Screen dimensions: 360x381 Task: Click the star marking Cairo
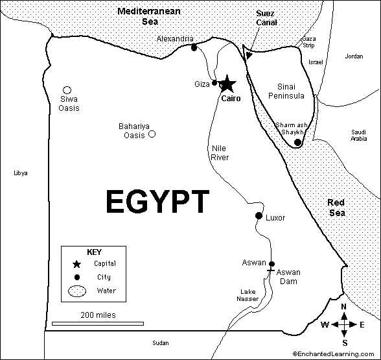tap(227, 84)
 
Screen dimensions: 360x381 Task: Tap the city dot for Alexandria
tap(193, 47)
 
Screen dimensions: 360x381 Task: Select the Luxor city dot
tap(259, 216)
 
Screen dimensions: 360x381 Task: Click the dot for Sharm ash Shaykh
tap(297, 142)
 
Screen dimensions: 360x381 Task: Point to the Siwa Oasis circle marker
tap(67, 90)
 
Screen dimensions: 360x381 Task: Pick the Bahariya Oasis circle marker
tap(152, 134)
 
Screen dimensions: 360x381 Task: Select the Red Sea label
tap(336, 208)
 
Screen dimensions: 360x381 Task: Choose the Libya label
tap(21, 173)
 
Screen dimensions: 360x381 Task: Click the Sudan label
tap(159, 342)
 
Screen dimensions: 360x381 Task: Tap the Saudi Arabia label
tap(359, 134)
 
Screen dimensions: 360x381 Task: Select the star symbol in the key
tap(77, 264)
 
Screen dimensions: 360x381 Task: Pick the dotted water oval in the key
tap(77, 292)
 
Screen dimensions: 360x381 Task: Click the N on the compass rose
tap(345, 307)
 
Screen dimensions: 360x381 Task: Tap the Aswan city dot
tap(271, 264)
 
